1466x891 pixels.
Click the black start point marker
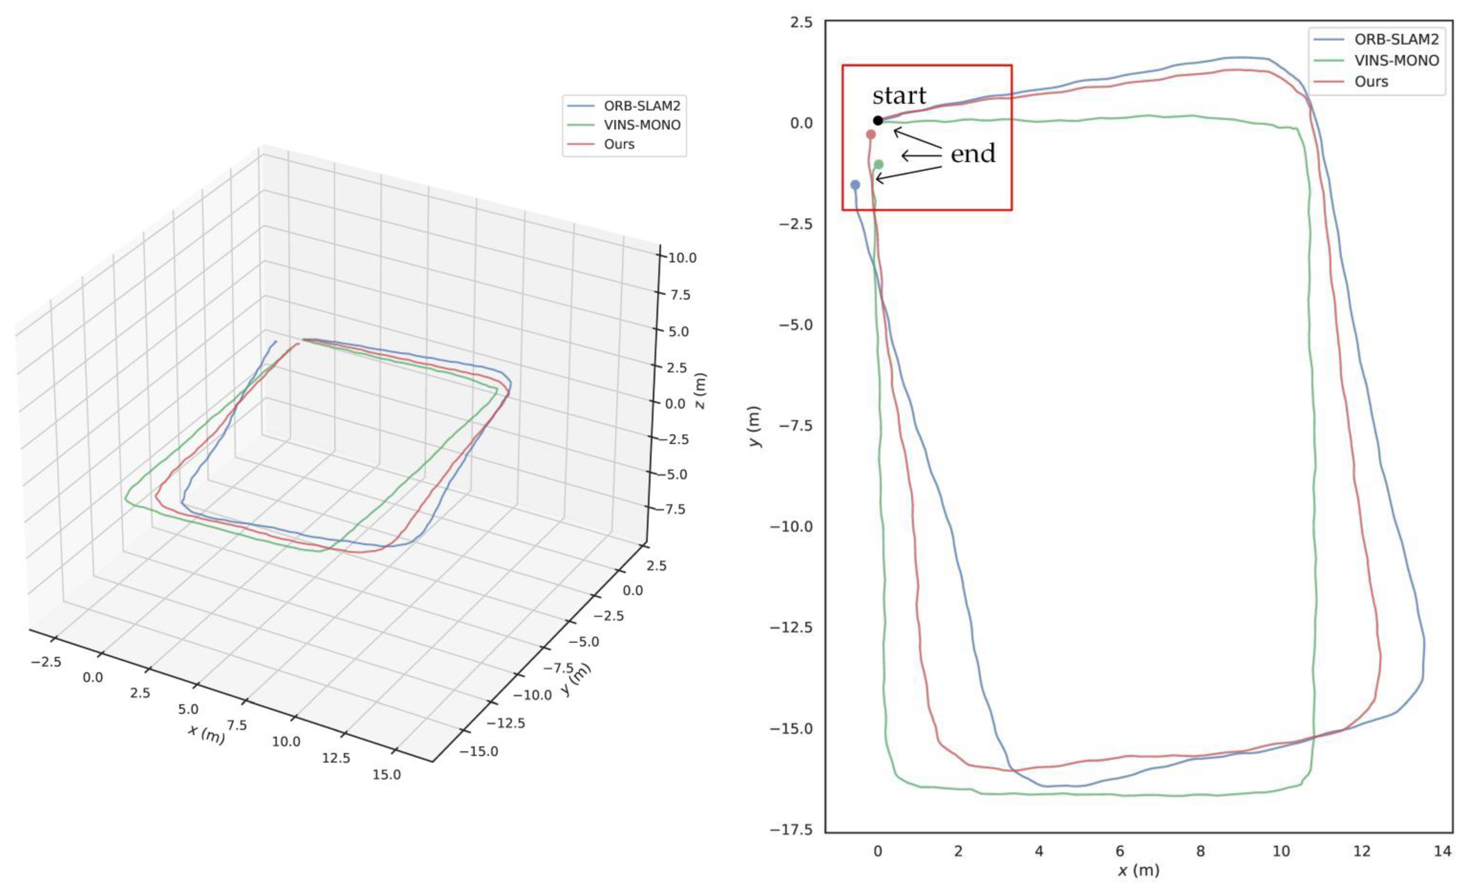pos(878,120)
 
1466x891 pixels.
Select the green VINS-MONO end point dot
pos(879,164)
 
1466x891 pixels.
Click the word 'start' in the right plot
pos(899,96)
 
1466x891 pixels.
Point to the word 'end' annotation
pos(973,154)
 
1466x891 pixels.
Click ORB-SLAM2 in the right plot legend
pos(1396,39)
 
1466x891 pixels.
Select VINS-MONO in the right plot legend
pos(1396,61)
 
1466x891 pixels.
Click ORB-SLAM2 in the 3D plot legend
pos(641,106)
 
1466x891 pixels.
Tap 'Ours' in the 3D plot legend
pos(619,144)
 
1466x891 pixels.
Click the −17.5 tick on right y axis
pos(791,829)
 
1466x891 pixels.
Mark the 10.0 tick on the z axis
pos(682,258)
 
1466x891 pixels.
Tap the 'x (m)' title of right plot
pos(1138,871)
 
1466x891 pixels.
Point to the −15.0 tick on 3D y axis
pos(479,751)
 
